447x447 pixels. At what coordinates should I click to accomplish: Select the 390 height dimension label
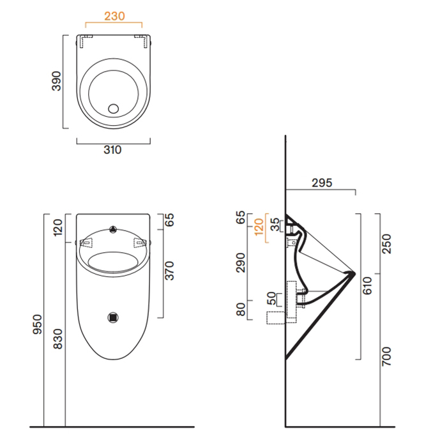[56, 81]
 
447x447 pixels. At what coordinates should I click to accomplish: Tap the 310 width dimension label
[112, 150]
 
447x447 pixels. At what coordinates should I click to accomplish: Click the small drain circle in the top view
[114, 107]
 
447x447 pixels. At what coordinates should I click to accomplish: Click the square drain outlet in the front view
[113, 315]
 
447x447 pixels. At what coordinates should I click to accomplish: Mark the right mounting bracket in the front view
[140, 243]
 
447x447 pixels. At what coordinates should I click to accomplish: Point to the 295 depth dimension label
[322, 182]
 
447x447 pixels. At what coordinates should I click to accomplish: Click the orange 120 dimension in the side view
[259, 227]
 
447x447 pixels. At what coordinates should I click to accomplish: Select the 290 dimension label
[241, 262]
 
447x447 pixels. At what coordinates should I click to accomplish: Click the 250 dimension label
[386, 241]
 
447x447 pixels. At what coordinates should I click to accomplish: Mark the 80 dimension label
[241, 310]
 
